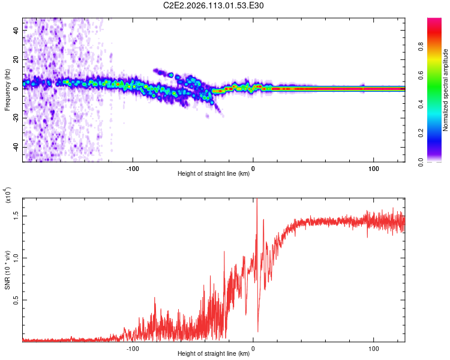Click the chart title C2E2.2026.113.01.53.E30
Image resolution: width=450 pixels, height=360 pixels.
pyautogui.click(x=214, y=5)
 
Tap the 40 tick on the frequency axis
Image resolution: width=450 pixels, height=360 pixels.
pyautogui.click(x=16, y=29)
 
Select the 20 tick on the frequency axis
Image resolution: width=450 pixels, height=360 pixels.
pyautogui.click(x=16, y=59)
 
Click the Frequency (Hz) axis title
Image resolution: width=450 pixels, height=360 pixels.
pyautogui.click(x=7, y=91)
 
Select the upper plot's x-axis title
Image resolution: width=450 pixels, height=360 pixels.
pyautogui.click(x=214, y=174)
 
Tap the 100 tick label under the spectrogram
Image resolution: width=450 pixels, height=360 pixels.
pyautogui.click(x=374, y=167)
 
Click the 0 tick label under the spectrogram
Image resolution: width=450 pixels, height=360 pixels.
pyautogui.click(x=253, y=167)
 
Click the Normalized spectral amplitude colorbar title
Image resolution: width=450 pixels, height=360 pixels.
pyautogui.click(x=446, y=90)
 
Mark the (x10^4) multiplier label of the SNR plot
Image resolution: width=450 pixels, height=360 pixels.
pyautogui.click(x=7, y=196)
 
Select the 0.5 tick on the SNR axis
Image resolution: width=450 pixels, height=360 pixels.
pyautogui.click(x=16, y=298)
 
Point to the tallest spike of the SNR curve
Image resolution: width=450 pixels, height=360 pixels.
pyautogui.click(x=257, y=200)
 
